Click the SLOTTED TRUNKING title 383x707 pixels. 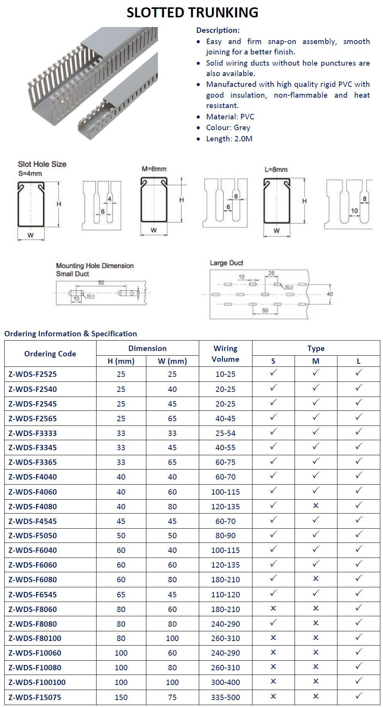tap(192, 12)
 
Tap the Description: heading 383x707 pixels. tap(218, 30)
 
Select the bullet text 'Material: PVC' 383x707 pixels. tap(230, 117)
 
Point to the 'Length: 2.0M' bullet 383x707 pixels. tap(229, 139)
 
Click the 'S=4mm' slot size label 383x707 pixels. tap(30, 173)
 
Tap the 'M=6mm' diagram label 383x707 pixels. tap(154, 169)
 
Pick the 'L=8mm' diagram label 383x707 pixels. tap(276, 170)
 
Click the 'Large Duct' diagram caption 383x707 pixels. tap(226, 263)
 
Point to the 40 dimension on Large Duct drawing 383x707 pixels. tap(329, 294)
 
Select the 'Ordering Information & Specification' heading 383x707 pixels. tap(71, 334)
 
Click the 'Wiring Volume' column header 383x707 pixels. tap(225, 354)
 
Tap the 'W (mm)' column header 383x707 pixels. tap(172, 361)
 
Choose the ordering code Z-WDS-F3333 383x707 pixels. tap(32, 433)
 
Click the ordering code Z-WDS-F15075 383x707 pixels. tap(35, 697)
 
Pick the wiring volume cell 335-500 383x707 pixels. tap(225, 697)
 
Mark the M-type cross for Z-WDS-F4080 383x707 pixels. tap(315, 505)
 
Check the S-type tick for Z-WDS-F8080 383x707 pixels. tap(273, 623)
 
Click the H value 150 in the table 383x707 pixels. tap(121, 697)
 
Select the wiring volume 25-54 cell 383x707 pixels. tap(225, 433)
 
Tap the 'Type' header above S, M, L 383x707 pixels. tap(316, 348)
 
